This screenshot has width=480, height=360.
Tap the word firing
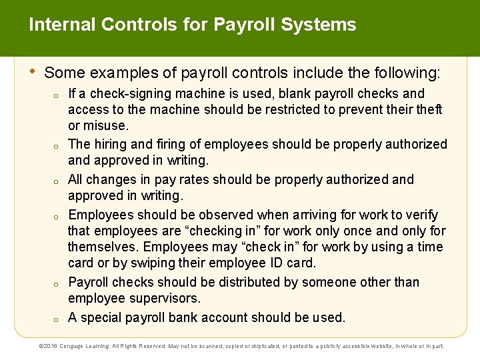point(168,144)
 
